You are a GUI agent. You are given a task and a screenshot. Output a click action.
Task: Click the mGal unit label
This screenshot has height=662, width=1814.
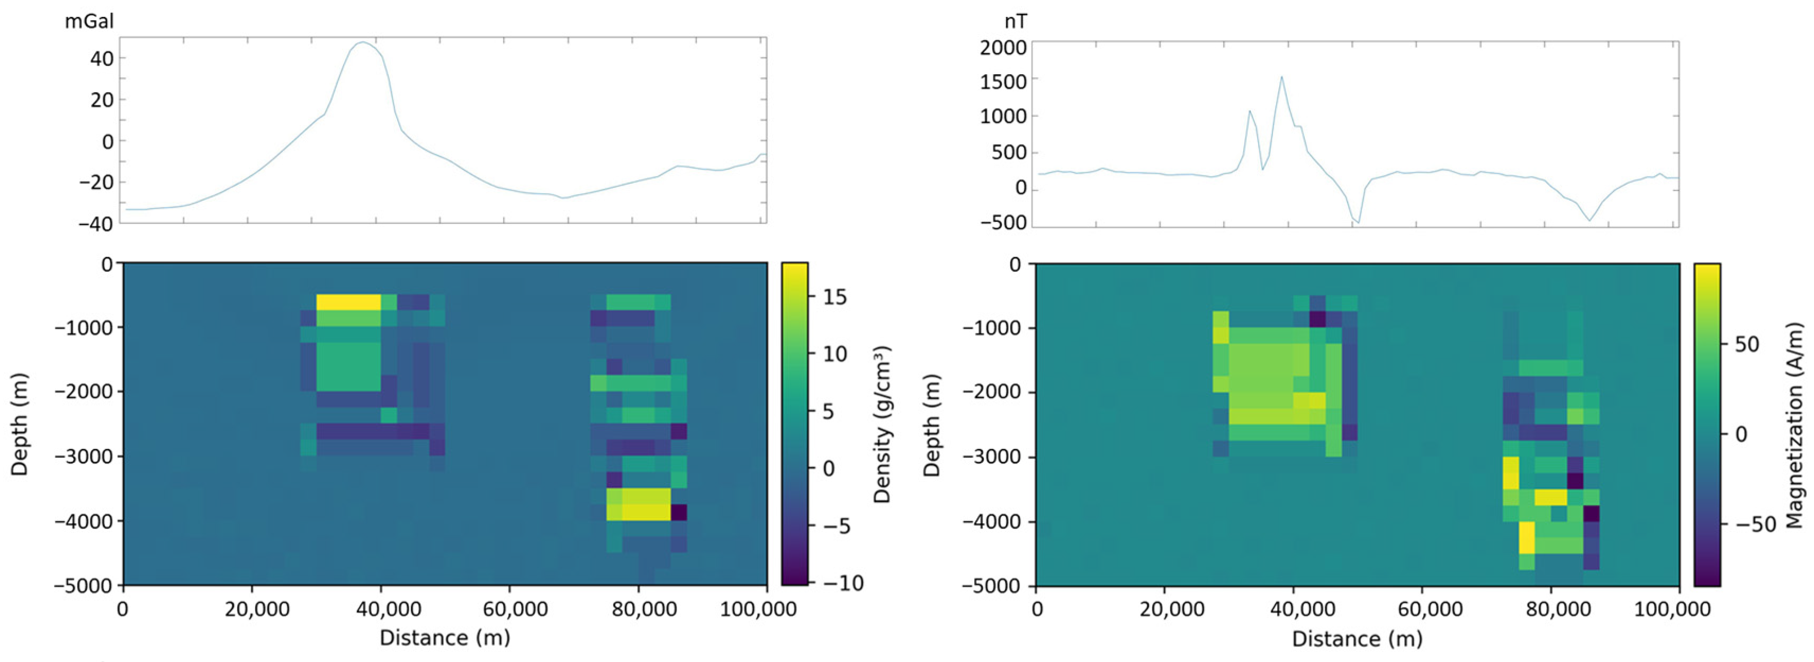pyautogui.click(x=89, y=21)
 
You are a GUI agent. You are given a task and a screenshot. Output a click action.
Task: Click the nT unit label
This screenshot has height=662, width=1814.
pyautogui.click(x=1016, y=22)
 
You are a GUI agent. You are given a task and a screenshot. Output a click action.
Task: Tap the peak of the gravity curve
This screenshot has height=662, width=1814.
pyautogui.click(x=363, y=42)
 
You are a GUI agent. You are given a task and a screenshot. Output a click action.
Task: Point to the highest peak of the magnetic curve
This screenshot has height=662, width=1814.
pyautogui.click(x=1282, y=77)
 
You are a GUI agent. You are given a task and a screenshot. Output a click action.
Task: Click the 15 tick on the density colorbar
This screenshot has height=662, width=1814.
pyautogui.click(x=834, y=297)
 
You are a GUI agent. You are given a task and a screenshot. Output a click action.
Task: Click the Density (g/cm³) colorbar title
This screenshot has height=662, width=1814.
pyautogui.click(x=882, y=424)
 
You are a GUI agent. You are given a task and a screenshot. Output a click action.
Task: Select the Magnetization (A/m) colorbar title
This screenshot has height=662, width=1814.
pyautogui.click(x=1795, y=425)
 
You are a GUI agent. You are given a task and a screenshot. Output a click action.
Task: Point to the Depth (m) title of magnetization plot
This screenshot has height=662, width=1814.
pyautogui.click(x=932, y=425)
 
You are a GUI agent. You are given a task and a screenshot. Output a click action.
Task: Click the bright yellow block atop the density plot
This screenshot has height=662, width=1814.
pyautogui.click(x=348, y=302)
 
